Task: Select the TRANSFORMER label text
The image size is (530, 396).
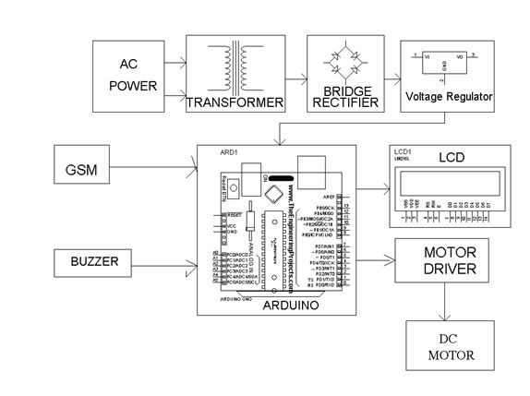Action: click(x=234, y=103)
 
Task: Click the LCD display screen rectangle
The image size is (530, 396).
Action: click(x=450, y=177)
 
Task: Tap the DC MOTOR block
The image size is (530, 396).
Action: click(x=450, y=345)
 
